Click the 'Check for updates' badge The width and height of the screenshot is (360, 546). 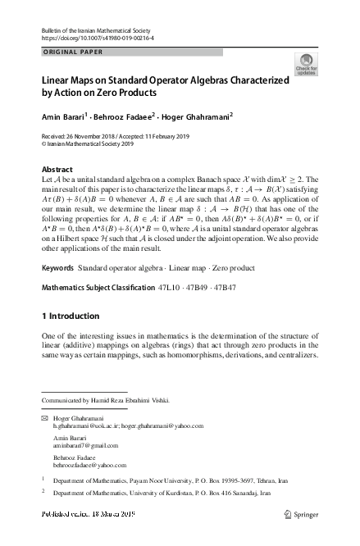tap(306, 65)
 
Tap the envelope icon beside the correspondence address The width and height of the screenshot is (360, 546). tap(44, 418)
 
